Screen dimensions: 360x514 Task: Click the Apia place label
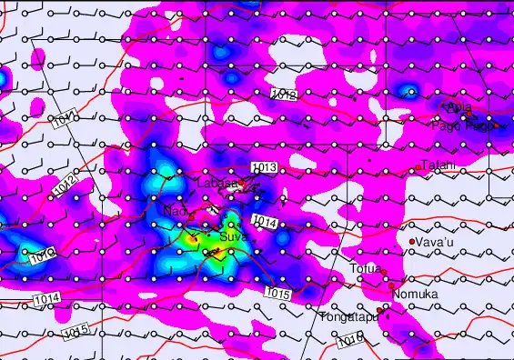459,110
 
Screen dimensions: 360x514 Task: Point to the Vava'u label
434,243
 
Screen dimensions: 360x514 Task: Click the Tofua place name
365,268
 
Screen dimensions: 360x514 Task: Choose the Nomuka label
415,295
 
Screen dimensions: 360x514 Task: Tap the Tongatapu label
346,317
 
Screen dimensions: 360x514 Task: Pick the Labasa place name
217,183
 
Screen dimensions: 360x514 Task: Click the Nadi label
175,211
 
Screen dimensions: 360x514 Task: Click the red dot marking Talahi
418,167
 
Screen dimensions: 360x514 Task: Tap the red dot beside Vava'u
412,241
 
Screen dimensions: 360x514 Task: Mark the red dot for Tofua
384,272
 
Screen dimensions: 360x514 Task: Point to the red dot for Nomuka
392,285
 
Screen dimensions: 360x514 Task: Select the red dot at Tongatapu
379,311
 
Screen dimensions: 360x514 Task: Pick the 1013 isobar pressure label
264,167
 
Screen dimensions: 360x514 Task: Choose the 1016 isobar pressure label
349,341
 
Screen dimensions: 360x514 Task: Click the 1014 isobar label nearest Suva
264,221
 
